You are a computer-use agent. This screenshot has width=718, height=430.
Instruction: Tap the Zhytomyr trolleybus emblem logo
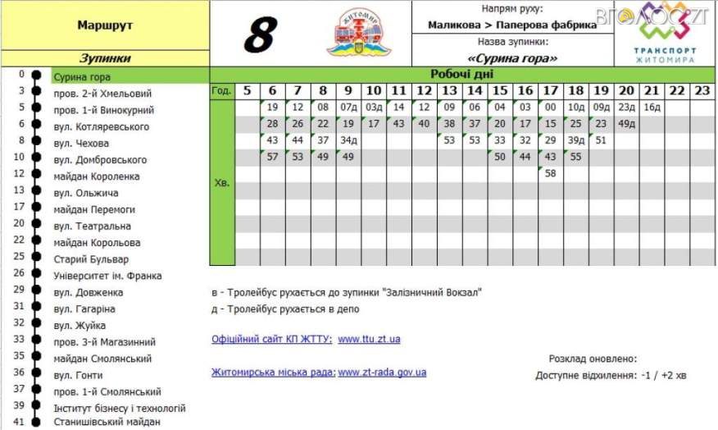pyautogui.click(x=359, y=33)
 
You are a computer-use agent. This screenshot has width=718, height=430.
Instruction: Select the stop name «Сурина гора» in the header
pyautogui.click(x=512, y=58)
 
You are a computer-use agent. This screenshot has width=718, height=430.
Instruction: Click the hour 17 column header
pyautogui.click(x=550, y=90)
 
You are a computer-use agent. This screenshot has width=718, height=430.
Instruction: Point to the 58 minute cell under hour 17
pyautogui.click(x=550, y=173)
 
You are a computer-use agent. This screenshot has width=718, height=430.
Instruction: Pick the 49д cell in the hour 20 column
pyautogui.click(x=627, y=123)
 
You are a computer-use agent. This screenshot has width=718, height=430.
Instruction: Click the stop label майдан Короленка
pyautogui.click(x=97, y=176)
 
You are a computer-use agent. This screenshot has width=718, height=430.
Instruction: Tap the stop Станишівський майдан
pyautogui.click(x=107, y=422)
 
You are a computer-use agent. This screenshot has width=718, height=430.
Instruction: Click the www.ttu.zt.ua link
pyautogui.click(x=369, y=339)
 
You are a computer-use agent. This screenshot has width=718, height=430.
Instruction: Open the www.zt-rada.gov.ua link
pyautogui.click(x=382, y=372)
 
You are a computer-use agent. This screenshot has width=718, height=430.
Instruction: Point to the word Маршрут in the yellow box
pyautogui.click(x=105, y=25)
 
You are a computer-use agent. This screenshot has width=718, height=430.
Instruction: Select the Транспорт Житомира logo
pyautogui.click(x=665, y=33)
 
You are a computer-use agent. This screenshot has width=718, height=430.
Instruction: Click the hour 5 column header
pyautogui.click(x=247, y=90)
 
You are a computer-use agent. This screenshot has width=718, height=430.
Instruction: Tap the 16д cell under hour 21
pyautogui.click(x=652, y=107)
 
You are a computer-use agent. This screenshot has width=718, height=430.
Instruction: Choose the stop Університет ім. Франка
pyautogui.click(x=107, y=276)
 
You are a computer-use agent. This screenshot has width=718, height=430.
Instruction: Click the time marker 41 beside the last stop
pyautogui.click(x=20, y=422)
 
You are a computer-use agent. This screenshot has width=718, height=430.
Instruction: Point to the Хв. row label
pyautogui.click(x=221, y=184)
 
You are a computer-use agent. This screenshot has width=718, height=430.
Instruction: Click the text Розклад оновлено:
pyautogui.click(x=593, y=359)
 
